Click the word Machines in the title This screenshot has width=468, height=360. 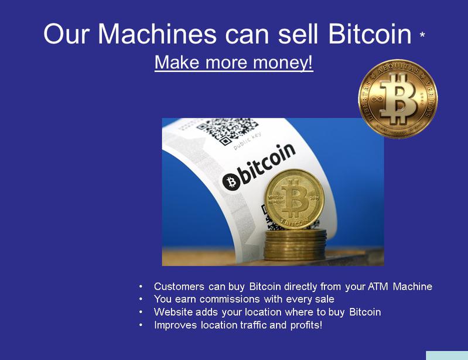[157, 34]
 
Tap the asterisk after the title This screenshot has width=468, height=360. [422, 35]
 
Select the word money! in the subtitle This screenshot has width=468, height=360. [283, 62]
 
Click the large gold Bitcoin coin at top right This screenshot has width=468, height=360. [398, 99]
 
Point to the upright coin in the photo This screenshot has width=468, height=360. [294, 199]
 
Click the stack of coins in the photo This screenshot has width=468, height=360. [295, 244]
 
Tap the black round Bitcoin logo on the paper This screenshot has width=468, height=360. [231, 181]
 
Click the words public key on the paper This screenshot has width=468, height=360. [247, 140]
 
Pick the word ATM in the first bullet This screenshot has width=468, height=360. [378, 287]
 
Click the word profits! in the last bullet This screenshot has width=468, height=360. [306, 325]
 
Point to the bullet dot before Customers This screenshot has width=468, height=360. [141, 287]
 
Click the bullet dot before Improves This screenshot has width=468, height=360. [141, 325]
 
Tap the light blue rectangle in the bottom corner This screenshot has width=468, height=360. [447, 355]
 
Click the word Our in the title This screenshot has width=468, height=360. [66, 34]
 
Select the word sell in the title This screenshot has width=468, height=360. [298, 34]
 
